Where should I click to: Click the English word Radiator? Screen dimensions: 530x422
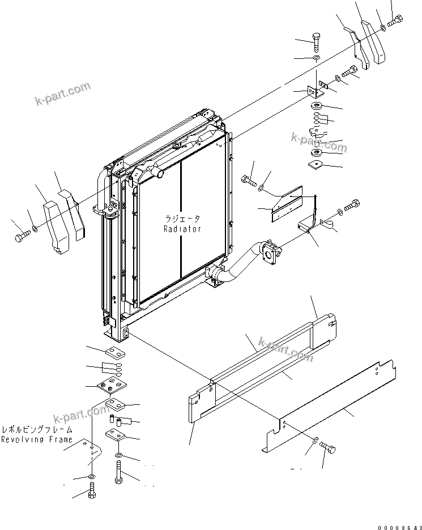pyautogui.click(x=182, y=229)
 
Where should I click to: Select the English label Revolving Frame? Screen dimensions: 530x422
pyautogui.click(x=37, y=439)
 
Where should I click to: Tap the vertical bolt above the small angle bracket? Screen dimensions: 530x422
pyautogui.click(x=317, y=42)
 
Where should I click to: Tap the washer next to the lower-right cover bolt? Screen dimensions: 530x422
pyautogui.click(x=315, y=440)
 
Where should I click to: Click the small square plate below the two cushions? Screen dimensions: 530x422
pyautogui.click(x=316, y=165)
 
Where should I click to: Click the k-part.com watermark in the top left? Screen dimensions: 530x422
pyautogui.click(x=62, y=94)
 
